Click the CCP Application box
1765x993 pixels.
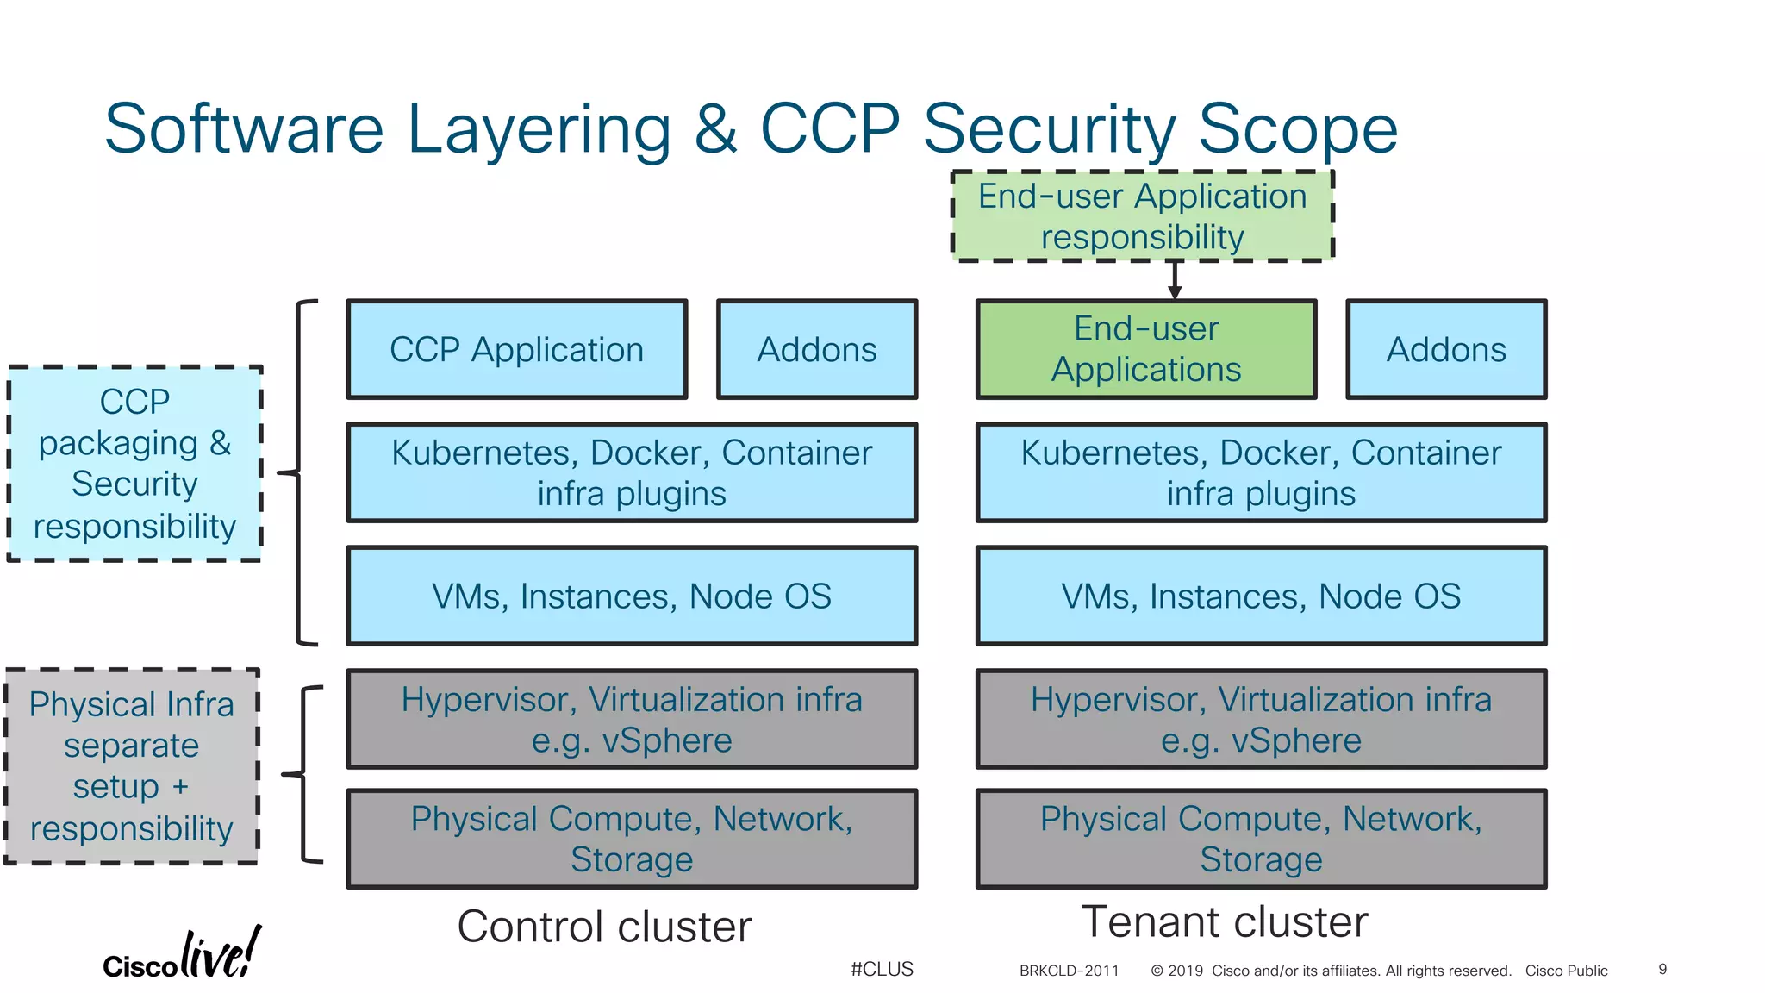pos(516,349)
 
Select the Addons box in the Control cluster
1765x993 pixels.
pos(816,349)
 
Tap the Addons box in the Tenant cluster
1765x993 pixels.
pos(1445,349)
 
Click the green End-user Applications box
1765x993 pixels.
pos(1145,349)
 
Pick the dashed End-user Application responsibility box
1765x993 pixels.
pos(1142,216)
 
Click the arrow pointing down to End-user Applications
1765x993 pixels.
pos(1174,281)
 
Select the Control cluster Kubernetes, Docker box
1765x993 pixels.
pos(632,472)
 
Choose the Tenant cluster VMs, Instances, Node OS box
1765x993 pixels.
pos(1261,596)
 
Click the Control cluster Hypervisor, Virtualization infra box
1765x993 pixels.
pos(632,719)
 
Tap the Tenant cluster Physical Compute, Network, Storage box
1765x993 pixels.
pos(1261,839)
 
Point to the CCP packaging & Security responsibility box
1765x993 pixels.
pos(134,464)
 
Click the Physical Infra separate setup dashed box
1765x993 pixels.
pos(131,766)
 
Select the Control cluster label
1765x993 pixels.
pos(604,927)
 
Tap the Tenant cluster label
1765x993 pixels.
pos(1224,921)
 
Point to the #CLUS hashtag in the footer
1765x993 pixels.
pos(882,969)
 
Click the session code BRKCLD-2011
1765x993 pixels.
pos(1069,971)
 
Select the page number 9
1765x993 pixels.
pos(1662,969)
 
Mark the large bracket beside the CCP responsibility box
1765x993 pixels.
pos(301,472)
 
